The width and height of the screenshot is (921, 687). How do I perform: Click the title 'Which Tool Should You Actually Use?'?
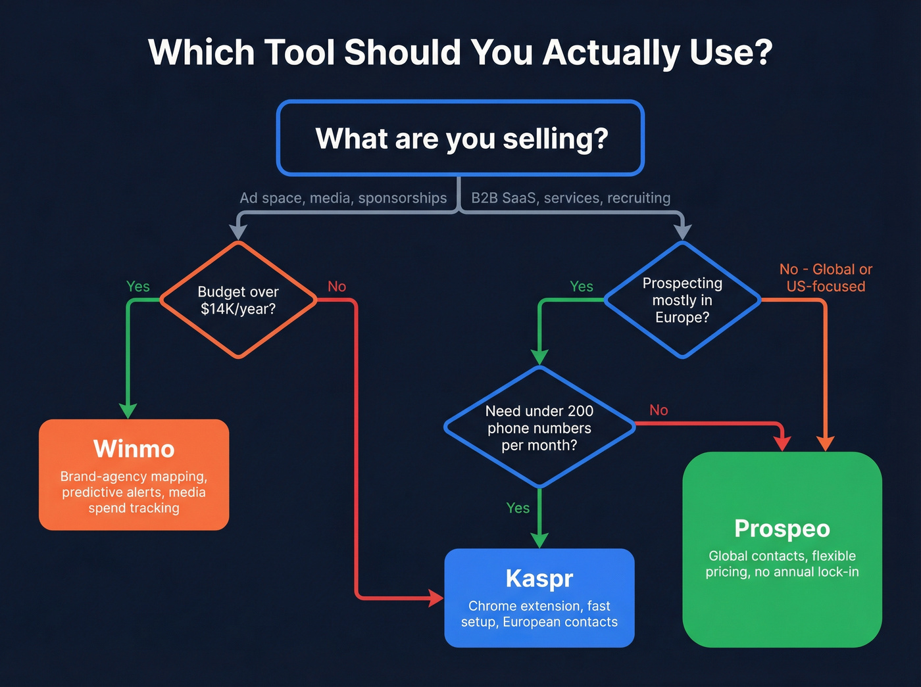tap(460, 53)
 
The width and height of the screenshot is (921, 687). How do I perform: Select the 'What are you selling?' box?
tap(460, 139)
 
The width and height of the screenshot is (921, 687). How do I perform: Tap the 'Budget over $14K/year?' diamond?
tap(238, 300)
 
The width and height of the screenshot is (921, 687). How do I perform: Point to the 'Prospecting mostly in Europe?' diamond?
tap(682, 300)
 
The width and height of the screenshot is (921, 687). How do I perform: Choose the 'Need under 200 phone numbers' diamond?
tap(539, 427)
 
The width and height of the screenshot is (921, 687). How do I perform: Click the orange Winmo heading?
tap(134, 449)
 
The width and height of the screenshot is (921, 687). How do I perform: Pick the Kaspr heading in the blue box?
tap(539, 579)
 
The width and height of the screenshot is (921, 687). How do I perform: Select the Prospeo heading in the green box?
tap(782, 529)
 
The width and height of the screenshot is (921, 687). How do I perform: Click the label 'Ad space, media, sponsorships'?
tap(343, 198)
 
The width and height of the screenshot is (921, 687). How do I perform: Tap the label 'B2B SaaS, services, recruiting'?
tap(571, 198)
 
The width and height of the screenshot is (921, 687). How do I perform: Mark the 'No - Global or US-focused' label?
tap(826, 277)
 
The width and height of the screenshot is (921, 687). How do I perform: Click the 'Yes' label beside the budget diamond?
tap(138, 287)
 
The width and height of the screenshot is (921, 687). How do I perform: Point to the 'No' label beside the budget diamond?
tap(337, 287)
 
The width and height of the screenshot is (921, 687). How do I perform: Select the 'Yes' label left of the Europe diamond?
tap(582, 287)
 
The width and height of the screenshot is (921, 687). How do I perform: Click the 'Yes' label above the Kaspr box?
tap(518, 508)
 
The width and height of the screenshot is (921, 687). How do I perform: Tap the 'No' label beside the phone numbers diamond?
tap(659, 410)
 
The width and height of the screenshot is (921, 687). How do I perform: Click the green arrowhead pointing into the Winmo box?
tap(128, 411)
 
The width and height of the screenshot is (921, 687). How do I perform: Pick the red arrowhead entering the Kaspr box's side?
tap(436, 598)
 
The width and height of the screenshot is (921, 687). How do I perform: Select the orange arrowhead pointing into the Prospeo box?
tap(825, 444)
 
